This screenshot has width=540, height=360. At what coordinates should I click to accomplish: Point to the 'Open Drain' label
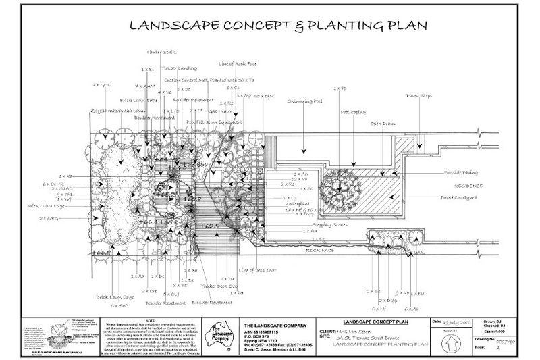tap(379, 124)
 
